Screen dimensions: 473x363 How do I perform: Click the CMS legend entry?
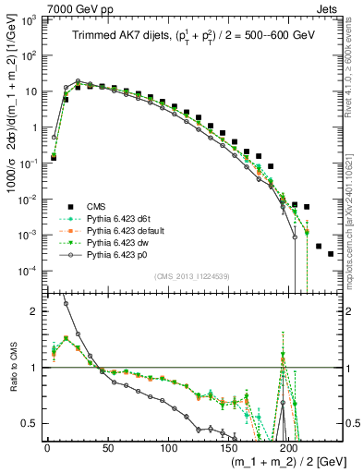click(x=97, y=205)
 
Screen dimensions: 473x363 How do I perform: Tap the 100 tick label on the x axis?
click(x=168, y=448)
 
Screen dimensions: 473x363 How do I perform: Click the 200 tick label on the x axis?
click(x=289, y=448)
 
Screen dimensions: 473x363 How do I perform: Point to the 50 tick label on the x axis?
click(x=107, y=448)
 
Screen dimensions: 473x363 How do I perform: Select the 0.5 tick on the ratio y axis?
click(x=31, y=424)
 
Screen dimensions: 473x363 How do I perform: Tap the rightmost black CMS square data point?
click(x=330, y=253)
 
